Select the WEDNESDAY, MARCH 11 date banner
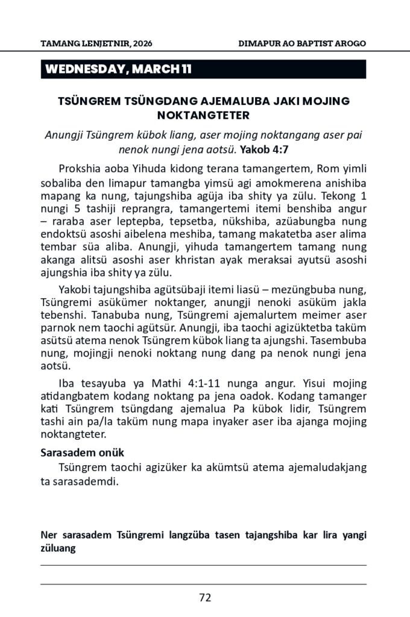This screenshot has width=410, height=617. [118, 69]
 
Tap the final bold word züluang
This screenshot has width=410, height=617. [58, 548]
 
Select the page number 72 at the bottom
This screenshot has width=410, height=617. [204, 598]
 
